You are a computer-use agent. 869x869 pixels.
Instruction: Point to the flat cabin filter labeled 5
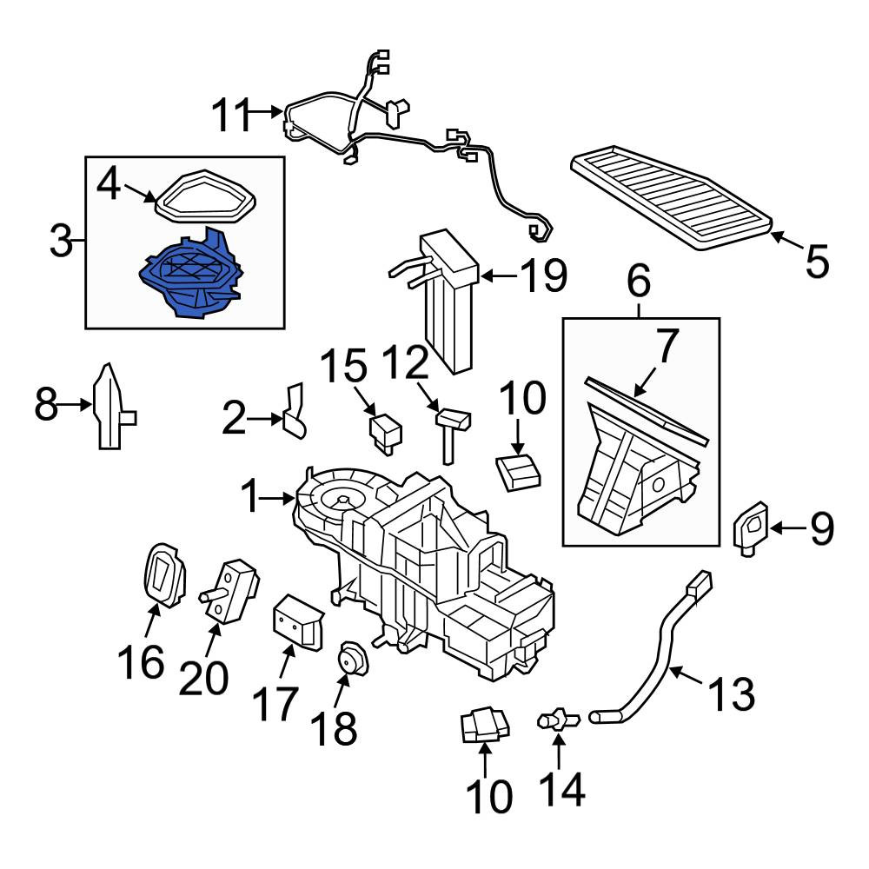tap(673, 197)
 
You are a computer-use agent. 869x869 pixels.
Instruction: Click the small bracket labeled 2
tap(296, 410)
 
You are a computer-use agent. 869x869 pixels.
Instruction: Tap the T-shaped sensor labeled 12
tap(452, 429)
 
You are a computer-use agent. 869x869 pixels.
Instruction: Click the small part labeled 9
tap(750, 527)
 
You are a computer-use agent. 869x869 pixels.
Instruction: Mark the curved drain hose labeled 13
tap(660, 652)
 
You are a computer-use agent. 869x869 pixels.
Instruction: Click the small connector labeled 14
tap(559, 720)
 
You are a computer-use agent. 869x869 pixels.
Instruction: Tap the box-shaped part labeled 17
tap(296, 620)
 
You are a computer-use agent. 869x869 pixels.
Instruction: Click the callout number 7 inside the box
tap(666, 348)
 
